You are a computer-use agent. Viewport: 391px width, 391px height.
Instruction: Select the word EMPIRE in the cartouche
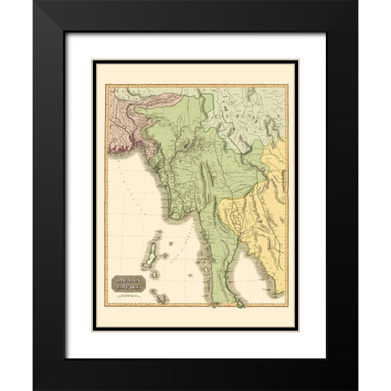[x=128, y=289]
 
